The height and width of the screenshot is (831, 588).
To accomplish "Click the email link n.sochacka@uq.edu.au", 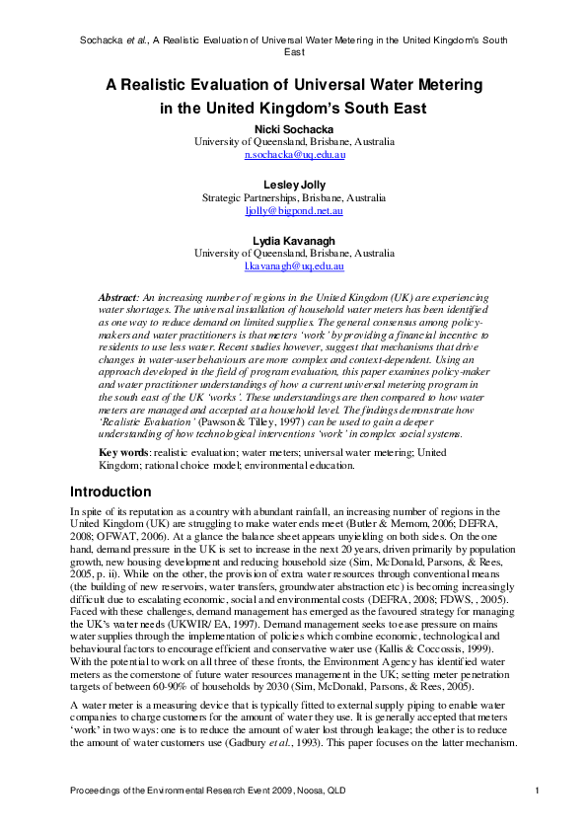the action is coord(294,155).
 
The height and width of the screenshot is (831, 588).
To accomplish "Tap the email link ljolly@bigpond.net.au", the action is coord(294,211).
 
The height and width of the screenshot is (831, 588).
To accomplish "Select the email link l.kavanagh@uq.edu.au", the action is coord(294,266).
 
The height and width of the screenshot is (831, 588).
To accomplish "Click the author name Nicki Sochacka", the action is coord(294,127).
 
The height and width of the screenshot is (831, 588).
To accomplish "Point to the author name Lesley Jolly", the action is coord(294,184).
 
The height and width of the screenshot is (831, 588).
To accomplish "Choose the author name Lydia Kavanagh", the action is coord(294,239).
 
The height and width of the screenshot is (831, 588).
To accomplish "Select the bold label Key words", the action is coord(124,452).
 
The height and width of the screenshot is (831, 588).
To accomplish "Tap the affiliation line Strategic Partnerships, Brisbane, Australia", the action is coord(294,197).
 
